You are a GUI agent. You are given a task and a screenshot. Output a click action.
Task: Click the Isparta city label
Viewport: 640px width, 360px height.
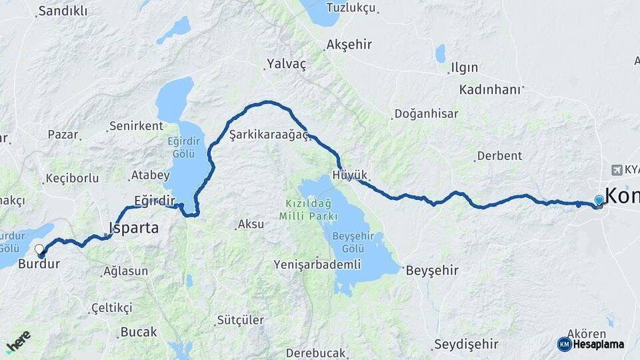[x=133, y=228]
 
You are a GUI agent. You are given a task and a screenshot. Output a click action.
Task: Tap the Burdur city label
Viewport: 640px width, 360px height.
[x=39, y=264]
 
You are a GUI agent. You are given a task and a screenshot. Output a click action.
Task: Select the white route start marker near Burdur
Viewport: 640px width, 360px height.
[x=39, y=250]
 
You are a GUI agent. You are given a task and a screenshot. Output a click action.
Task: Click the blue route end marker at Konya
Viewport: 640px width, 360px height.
[x=599, y=200]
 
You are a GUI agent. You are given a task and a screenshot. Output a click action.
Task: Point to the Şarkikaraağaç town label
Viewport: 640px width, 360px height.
[x=268, y=135]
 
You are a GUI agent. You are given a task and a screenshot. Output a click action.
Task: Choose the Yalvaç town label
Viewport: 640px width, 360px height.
[x=286, y=64]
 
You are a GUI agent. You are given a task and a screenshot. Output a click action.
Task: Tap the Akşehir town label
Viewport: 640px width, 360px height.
[x=348, y=45]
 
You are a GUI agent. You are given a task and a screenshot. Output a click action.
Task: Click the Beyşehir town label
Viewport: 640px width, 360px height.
[x=432, y=270]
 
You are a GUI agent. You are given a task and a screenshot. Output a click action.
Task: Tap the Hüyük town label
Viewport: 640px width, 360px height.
[x=349, y=175]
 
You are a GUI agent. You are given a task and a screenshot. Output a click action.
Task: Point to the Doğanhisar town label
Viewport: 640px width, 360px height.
[x=426, y=114]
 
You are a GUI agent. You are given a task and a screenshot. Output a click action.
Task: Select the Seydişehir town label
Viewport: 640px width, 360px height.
[x=466, y=345]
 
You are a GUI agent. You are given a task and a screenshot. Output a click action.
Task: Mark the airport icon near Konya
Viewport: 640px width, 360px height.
[x=615, y=170]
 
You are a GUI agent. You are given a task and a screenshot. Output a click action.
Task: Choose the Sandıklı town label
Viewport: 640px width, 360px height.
[x=63, y=11]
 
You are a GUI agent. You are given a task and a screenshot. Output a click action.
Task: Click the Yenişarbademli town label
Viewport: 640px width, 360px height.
[x=317, y=265]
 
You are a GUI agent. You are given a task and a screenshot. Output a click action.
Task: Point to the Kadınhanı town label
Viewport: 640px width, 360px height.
[x=489, y=89]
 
